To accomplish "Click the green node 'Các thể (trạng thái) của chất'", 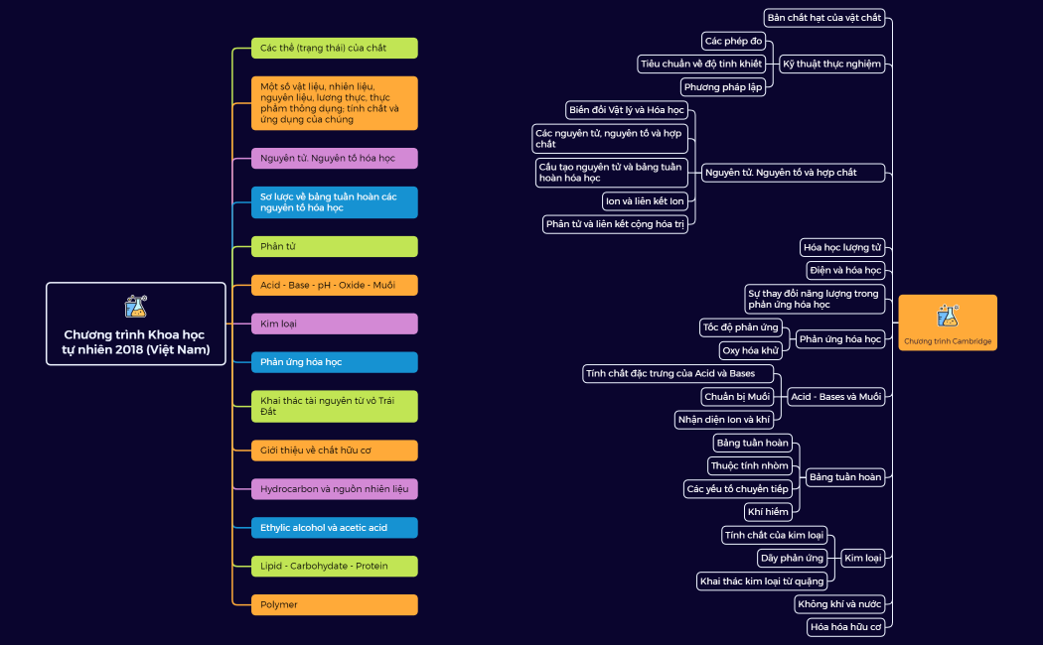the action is click(x=335, y=48).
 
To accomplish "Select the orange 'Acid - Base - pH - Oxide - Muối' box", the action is click(x=335, y=285).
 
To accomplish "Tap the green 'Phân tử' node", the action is click(x=335, y=246).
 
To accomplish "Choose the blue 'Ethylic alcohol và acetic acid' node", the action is click(x=335, y=528).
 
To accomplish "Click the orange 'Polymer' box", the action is click(x=335, y=604).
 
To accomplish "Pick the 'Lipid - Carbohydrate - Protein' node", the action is click(x=335, y=566).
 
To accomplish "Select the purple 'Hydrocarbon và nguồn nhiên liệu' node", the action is click(x=335, y=489).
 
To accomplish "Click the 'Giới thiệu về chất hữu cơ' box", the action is click(x=335, y=451).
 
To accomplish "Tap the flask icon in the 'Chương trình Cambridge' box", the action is click(x=948, y=316).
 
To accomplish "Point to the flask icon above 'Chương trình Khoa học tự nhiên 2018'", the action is click(x=136, y=307).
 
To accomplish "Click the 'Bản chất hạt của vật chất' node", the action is click(x=824, y=18).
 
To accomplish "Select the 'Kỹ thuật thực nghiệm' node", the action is click(x=831, y=64).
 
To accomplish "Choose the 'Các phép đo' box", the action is click(x=734, y=42).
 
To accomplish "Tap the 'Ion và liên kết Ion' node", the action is click(x=645, y=201).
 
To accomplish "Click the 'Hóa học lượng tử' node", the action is click(x=842, y=248).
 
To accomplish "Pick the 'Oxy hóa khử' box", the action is click(x=750, y=350).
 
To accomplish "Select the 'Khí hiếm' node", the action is click(x=768, y=512).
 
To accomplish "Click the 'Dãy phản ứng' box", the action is click(x=793, y=558).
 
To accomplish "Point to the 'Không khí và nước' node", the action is click(x=839, y=604).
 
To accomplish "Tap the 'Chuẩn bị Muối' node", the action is click(x=737, y=397).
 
